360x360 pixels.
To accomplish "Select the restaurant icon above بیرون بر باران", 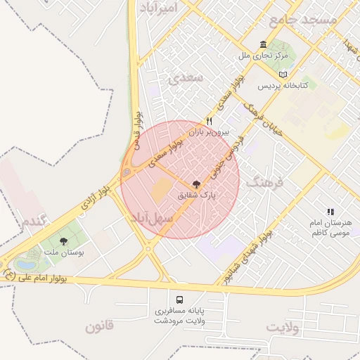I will click(x=208, y=121).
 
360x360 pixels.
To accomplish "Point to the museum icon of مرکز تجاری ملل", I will click(x=263, y=44).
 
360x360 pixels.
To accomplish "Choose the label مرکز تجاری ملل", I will click(x=262, y=54).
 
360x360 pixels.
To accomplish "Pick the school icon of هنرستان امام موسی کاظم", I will click(x=329, y=211).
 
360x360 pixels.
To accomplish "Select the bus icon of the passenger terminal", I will click(x=179, y=298).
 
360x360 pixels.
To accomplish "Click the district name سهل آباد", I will click(x=150, y=218).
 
